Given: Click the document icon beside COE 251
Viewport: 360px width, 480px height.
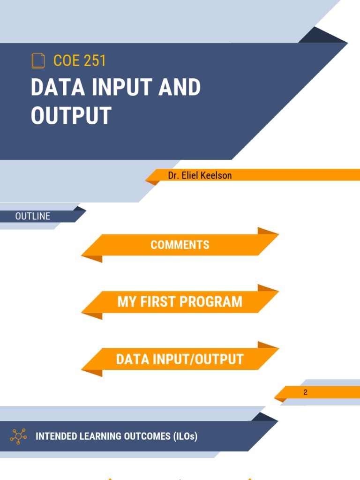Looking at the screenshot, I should point(38,61).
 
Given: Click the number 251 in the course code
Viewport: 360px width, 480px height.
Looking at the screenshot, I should point(93,61).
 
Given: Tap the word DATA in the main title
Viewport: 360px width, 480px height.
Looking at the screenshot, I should point(52,88).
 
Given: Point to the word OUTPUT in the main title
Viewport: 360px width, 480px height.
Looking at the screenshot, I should point(71,115).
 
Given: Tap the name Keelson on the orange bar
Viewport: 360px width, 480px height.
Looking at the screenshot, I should point(216,175).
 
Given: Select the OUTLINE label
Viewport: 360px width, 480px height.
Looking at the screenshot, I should point(33,216).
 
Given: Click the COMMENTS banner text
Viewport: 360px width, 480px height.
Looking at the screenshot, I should point(180,245).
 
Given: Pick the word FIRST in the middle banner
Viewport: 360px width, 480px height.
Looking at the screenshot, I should point(158,301).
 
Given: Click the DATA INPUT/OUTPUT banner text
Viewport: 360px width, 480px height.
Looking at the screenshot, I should point(180,360).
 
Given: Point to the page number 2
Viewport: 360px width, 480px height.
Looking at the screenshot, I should point(305,392).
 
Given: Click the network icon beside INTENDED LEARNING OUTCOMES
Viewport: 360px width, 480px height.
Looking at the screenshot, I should point(18,436).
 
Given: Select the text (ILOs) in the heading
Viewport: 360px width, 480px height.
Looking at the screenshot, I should point(184,436).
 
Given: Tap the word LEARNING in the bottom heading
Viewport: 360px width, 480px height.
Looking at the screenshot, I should point(101,436).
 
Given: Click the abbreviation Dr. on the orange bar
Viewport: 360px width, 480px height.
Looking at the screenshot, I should point(174,175).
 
